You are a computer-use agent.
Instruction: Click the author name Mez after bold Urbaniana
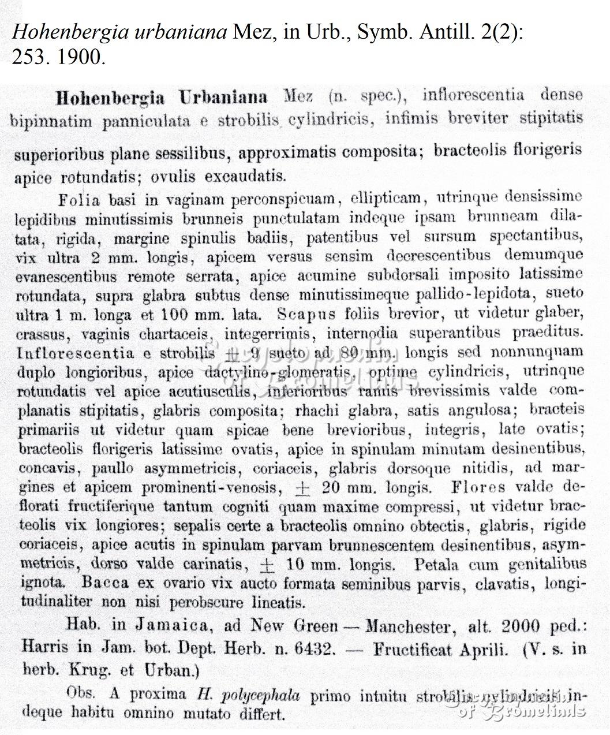(x=299, y=96)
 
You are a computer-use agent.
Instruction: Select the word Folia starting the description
(x=80, y=200)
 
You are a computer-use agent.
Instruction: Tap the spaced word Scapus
(x=305, y=314)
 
